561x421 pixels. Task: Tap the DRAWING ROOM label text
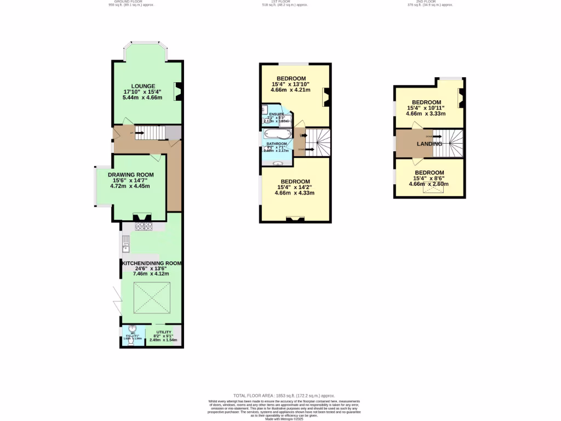click(x=130, y=174)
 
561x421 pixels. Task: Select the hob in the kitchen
click(x=144, y=226)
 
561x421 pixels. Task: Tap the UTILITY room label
click(x=164, y=332)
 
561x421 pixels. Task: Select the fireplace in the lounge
click(x=178, y=92)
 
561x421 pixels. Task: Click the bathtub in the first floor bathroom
click(x=277, y=135)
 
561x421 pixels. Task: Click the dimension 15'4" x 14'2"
click(x=295, y=187)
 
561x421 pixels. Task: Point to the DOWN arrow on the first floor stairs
click(x=301, y=149)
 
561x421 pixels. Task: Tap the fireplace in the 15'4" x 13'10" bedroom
click(x=325, y=97)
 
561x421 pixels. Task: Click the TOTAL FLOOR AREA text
click(x=284, y=395)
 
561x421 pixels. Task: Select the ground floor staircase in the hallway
click(x=149, y=132)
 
